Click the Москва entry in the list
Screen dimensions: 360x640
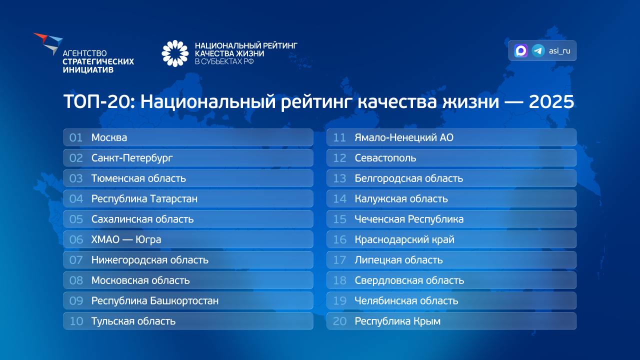click(109, 137)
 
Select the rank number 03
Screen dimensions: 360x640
click(76, 178)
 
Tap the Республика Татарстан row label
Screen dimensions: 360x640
click(144, 199)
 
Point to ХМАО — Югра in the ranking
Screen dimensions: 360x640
click(126, 239)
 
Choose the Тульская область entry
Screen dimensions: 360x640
click(133, 321)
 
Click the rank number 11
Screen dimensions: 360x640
click(339, 137)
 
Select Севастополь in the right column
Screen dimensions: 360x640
click(385, 158)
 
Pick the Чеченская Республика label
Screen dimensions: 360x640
click(409, 219)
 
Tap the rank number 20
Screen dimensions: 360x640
click(339, 321)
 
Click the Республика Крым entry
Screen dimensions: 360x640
click(397, 321)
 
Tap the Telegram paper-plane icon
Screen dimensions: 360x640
click(538, 50)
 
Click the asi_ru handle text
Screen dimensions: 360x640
click(559, 51)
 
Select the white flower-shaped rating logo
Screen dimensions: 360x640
click(175, 53)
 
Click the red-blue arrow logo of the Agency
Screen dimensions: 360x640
click(48, 42)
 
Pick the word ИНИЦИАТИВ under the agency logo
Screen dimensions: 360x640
click(88, 69)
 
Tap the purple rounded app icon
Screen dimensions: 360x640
click(521, 50)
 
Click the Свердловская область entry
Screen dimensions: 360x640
click(409, 280)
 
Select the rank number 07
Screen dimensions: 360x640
click(76, 260)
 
